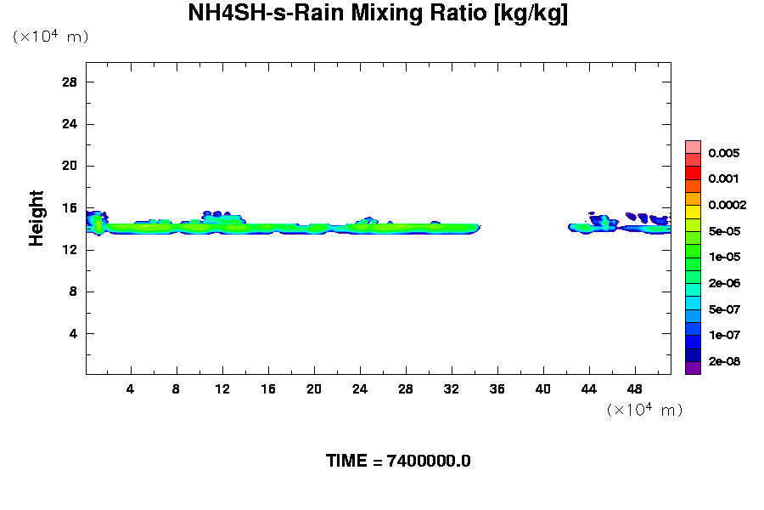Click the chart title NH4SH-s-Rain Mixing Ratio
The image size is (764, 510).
click(x=378, y=14)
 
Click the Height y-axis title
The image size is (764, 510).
click(x=37, y=218)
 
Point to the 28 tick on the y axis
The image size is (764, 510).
click(x=70, y=82)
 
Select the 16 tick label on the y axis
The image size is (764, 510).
click(x=70, y=208)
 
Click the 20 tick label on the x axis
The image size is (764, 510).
click(x=314, y=389)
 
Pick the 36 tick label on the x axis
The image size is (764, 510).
click(x=497, y=389)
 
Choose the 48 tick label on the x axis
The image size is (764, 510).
click(x=635, y=389)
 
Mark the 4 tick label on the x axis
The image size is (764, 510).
click(x=131, y=389)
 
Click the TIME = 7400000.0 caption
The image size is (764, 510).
click(x=398, y=462)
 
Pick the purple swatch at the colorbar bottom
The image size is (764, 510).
click(x=694, y=368)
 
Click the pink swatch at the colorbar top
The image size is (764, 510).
click(x=694, y=146)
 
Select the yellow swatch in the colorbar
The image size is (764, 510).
click(x=694, y=212)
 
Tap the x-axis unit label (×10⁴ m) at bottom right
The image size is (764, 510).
click(x=644, y=410)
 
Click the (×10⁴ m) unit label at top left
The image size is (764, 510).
click(x=50, y=37)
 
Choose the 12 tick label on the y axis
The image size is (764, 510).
click(x=70, y=250)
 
